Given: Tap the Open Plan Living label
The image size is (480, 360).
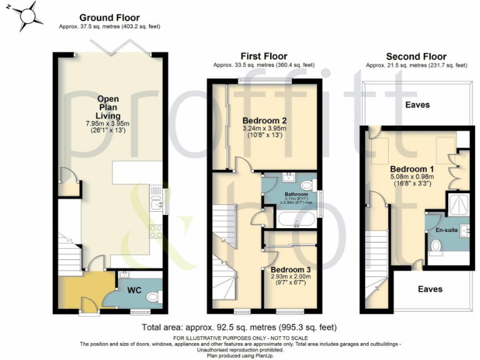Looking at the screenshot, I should pos(108,107).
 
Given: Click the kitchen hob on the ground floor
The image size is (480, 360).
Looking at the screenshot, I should pos(156,232).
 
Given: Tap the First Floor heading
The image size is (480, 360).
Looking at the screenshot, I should pos(263,56).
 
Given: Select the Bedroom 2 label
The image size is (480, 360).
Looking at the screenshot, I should pos(264,121).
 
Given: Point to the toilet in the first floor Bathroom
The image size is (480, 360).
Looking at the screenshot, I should pos(307,186).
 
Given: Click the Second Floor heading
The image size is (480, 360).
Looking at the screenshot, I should pos(416,56).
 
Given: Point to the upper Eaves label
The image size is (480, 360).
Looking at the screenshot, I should pos(417,104).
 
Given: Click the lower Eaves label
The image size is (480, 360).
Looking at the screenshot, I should pos(430,289).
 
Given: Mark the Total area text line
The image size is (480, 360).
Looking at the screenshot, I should pos(239,327).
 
